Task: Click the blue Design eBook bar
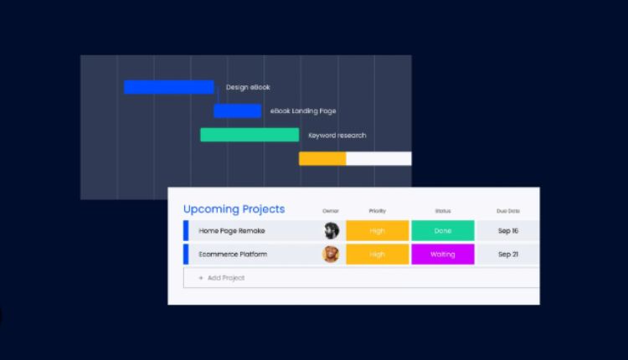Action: [168, 87]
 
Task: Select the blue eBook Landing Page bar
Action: [238, 111]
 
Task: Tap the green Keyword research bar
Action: [250, 135]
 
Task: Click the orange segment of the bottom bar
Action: [322, 158]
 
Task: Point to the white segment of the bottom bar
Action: [378, 158]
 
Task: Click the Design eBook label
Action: [248, 87]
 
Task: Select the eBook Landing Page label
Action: [303, 111]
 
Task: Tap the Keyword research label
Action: [337, 136]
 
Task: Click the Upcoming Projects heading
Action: [234, 209]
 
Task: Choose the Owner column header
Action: [331, 211]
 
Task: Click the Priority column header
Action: [378, 211]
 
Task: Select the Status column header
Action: [443, 211]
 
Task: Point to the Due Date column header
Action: [508, 211]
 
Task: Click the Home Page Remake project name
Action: [232, 231]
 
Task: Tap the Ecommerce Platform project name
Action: [233, 255]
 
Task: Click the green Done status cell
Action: [443, 231]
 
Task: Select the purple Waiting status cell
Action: [443, 255]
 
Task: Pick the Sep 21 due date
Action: [508, 255]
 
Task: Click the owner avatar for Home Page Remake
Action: [332, 231]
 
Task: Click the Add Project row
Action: [361, 277]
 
